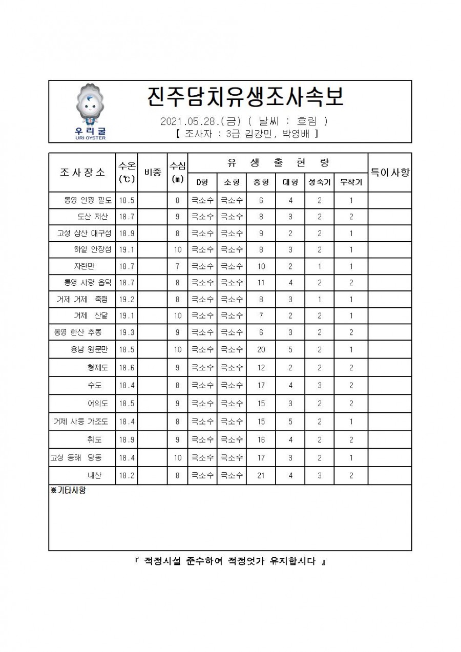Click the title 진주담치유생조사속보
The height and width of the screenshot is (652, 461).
(244, 97)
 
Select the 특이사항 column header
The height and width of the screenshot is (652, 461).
(390, 173)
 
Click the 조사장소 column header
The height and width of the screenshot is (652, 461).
(82, 173)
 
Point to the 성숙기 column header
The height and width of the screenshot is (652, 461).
(319, 182)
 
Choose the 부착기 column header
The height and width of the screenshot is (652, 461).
(351, 182)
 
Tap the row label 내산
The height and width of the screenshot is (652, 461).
(94, 475)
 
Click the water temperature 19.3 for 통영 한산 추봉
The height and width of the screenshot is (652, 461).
(127, 332)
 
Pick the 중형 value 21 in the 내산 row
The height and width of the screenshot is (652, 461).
(261, 475)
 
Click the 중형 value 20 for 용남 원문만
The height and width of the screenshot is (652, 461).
(261, 350)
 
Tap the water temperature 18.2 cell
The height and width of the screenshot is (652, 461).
(127, 475)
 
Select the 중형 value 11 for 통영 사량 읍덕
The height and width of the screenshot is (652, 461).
(261, 283)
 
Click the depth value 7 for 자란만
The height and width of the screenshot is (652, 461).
(177, 266)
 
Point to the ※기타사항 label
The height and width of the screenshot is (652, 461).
(68, 490)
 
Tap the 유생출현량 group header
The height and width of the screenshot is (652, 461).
(278, 163)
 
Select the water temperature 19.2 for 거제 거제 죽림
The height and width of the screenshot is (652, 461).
(127, 299)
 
